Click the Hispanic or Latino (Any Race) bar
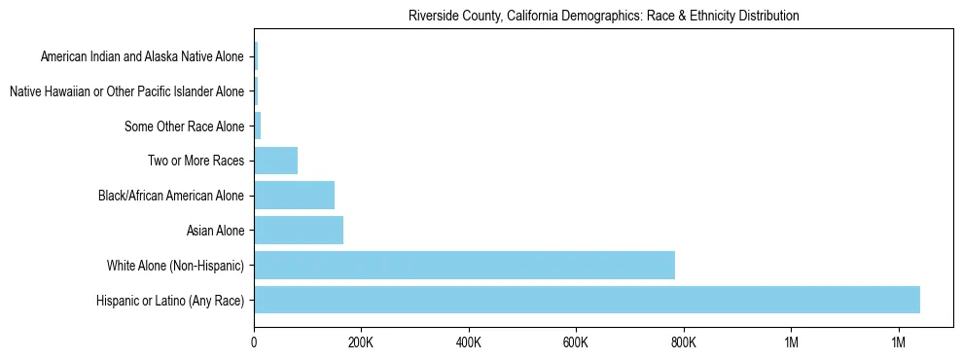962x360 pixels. (x=587, y=300)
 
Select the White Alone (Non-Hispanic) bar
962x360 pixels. (x=464, y=265)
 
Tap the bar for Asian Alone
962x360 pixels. (x=299, y=231)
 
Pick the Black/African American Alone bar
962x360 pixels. (x=294, y=196)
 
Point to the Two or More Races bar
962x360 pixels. (x=275, y=161)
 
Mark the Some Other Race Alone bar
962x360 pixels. (x=258, y=126)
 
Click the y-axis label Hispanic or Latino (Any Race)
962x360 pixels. (x=170, y=301)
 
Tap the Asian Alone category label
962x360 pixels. (x=215, y=231)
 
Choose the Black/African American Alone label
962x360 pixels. (x=171, y=196)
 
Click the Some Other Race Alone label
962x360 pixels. (x=184, y=126)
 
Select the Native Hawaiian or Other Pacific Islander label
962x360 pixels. (x=126, y=91)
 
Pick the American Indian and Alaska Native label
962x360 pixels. (x=142, y=56)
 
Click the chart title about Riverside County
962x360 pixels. (x=603, y=16)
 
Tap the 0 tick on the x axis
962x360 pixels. (x=254, y=342)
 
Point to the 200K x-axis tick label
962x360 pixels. (x=361, y=342)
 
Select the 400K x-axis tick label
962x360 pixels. (x=469, y=342)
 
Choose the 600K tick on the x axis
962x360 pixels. (x=576, y=342)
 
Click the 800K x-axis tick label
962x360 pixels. (x=684, y=342)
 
